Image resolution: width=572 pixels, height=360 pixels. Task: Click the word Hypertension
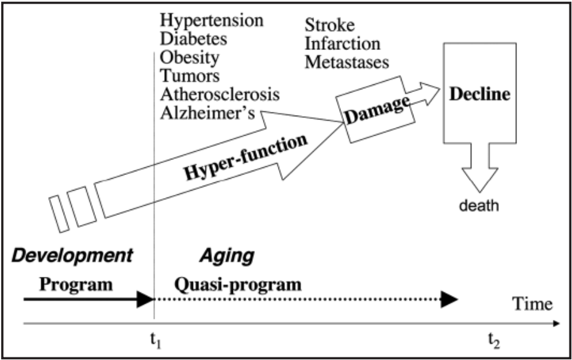point(212,21)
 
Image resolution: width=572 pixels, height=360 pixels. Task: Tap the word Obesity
point(190,57)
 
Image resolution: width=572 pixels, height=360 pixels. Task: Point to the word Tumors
point(190,76)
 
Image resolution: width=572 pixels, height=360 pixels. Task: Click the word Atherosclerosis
point(220,94)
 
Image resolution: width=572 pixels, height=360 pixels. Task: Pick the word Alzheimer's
point(210,113)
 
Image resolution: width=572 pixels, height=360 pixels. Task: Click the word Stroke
point(330,26)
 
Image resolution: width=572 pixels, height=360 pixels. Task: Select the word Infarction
point(342,44)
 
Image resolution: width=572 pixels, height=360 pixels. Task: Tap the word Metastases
point(347,62)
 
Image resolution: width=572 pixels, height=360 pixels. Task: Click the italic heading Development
point(72,255)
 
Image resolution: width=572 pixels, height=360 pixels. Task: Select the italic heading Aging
point(227,255)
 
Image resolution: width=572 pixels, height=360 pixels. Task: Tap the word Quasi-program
point(237,285)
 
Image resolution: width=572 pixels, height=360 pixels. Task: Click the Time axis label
point(532,304)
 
